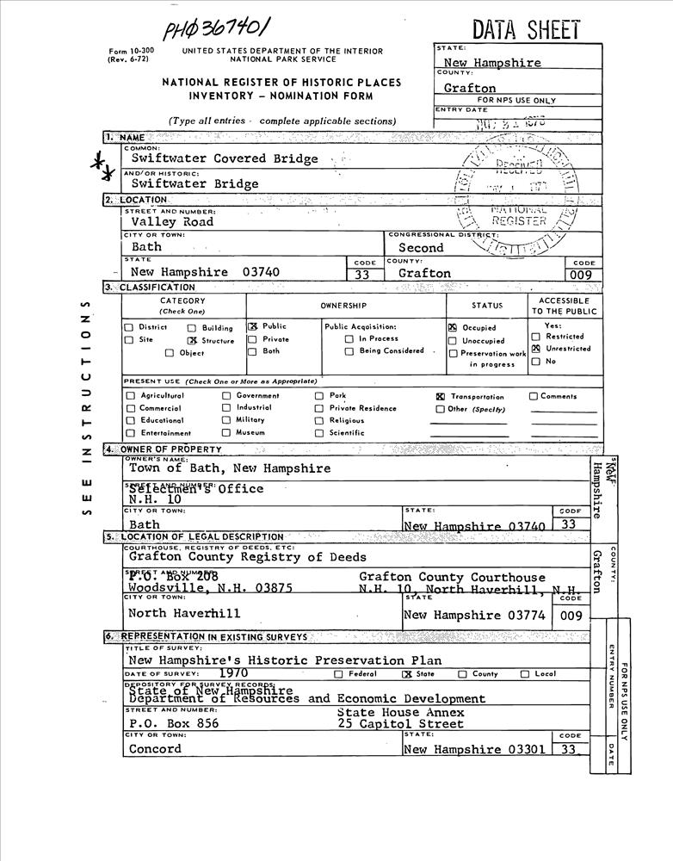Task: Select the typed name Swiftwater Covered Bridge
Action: [225, 158]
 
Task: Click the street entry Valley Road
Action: [171, 221]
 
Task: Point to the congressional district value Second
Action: [421, 248]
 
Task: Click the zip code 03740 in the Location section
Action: [261, 272]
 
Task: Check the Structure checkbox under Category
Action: [193, 340]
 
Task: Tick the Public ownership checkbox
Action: [253, 327]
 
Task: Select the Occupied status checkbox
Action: [453, 328]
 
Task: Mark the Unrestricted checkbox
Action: [535, 349]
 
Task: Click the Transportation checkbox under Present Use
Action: [440, 397]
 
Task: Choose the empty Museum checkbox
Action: [226, 433]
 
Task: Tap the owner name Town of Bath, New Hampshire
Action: [230, 468]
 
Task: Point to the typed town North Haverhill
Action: [184, 614]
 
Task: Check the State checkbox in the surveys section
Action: [407, 674]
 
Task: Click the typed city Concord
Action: [155, 748]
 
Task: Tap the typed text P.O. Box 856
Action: [174, 724]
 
